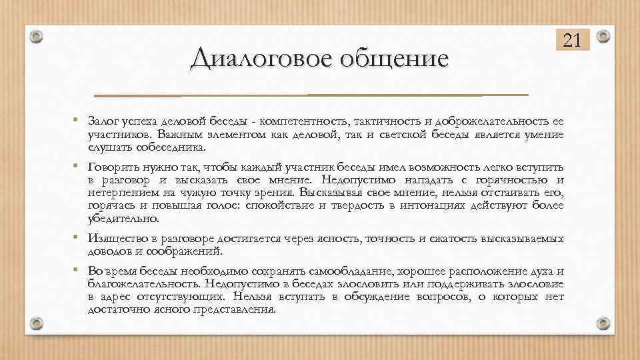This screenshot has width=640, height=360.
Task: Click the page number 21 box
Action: tap(571, 41)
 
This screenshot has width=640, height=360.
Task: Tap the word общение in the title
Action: tap(394, 59)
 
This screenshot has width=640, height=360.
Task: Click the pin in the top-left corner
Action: tap(37, 36)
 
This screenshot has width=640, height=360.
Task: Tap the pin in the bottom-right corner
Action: tap(603, 323)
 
